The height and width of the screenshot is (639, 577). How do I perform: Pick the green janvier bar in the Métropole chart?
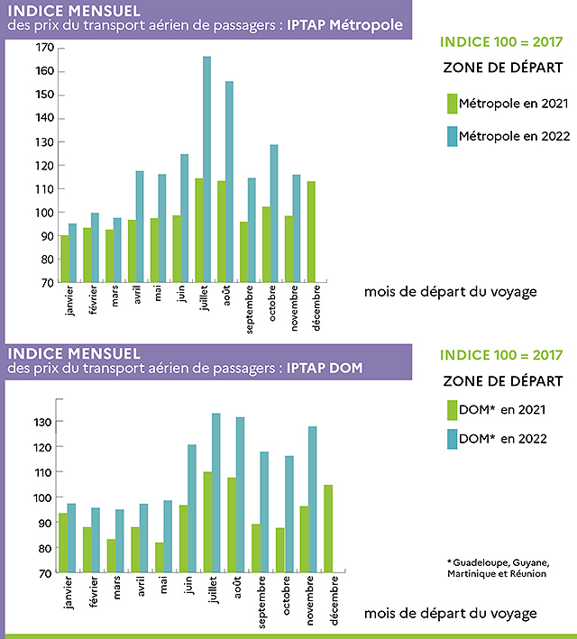pos(64,259)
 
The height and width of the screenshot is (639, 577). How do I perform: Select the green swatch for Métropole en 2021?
pos(453,105)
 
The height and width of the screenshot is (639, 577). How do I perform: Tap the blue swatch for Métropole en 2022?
pos(453,136)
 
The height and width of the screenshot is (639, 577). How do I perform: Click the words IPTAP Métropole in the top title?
pos(345,24)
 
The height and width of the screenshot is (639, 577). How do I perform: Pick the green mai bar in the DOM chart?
pos(160,557)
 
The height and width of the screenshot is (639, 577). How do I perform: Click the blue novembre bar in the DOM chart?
pos(312,499)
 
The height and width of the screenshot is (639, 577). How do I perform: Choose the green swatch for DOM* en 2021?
pos(453,410)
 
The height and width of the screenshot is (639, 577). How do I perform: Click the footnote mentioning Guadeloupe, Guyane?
pos(497,568)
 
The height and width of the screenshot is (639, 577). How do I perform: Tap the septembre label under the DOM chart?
pos(260,602)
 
